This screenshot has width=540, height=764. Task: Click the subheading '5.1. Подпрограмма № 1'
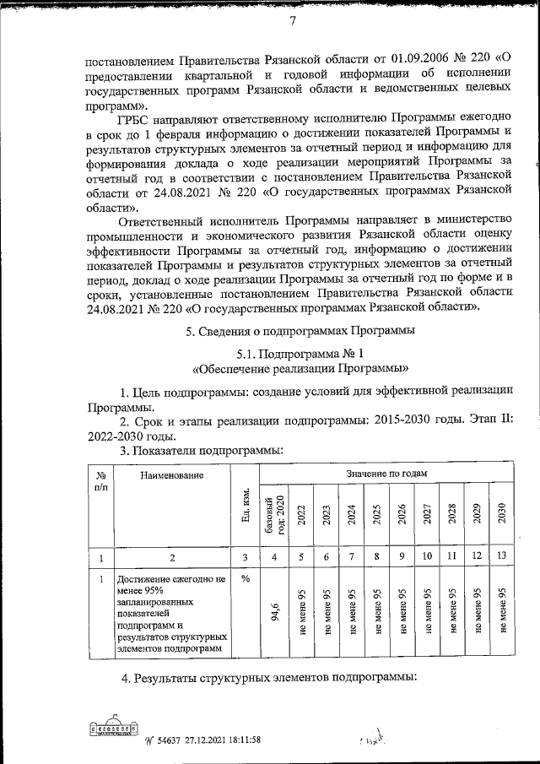coord(301,354)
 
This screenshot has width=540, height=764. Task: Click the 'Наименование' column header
coord(172,476)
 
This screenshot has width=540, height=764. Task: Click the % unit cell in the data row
coord(246,580)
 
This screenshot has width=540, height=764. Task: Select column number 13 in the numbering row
coord(501,556)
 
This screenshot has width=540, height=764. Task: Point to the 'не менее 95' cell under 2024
coord(352,614)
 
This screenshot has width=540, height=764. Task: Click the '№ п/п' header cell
coord(100,481)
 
